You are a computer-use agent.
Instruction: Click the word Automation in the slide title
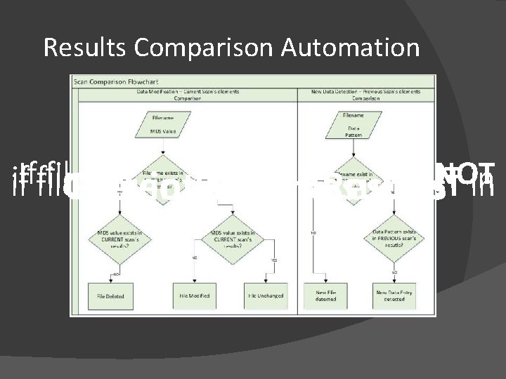tap(351, 48)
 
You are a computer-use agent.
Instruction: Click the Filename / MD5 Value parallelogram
tap(163, 125)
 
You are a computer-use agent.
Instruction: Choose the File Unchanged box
tap(266, 295)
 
